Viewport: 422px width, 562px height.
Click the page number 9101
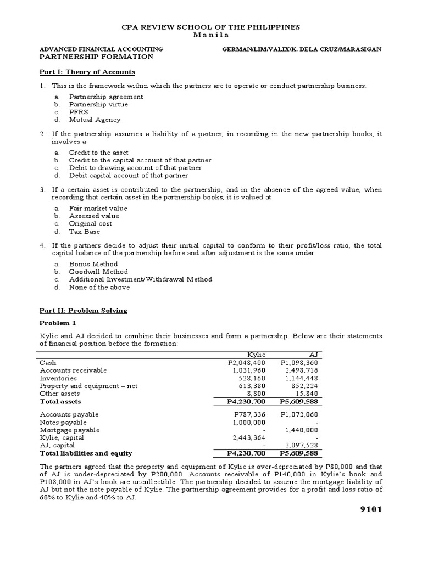(366, 509)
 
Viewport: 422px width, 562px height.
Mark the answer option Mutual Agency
(95, 120)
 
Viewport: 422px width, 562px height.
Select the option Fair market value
(98, 209)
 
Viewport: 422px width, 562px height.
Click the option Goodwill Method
(98, 272)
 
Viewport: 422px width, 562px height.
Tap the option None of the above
(99, 287)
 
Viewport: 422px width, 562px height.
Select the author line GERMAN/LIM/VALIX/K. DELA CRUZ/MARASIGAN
(301, 49)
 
